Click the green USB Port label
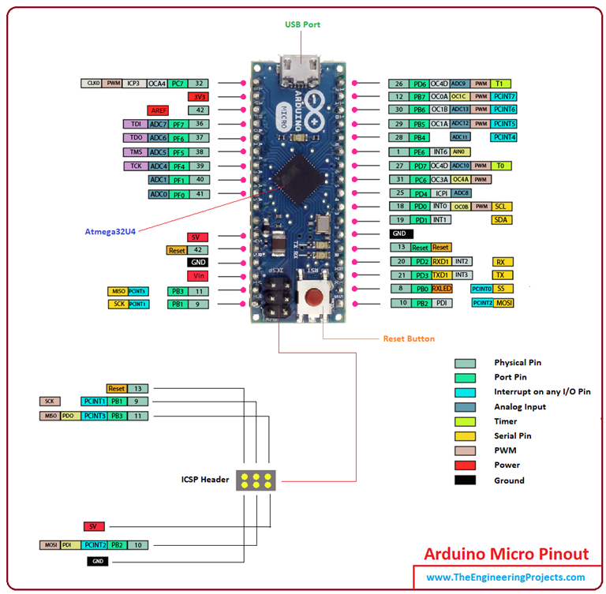click(x=302, y=24)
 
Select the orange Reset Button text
click(x=409, y=338)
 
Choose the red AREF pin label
click(x=158, y=110)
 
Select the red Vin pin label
click(x=197, y=275)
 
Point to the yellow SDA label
click(x=500, y=219)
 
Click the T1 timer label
click(x=499, y=83)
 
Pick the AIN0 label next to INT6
click(x=460, y=151)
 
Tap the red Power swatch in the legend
click(x=465, y=465)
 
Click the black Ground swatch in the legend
click(x=465, y=480)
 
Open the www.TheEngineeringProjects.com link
click(x=506, y=578)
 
